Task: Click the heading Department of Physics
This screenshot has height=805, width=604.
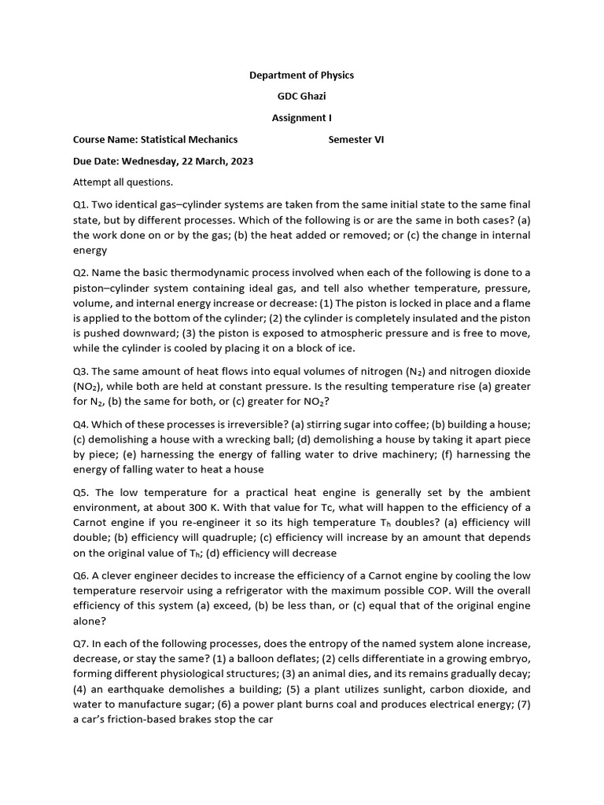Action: click(301, 75)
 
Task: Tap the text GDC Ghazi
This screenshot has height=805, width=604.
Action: click(301, 97)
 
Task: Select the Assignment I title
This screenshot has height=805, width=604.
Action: click(301, 119)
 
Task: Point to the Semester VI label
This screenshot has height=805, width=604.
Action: click(356, 140)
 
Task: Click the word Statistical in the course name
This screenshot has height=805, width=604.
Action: click(168, 140)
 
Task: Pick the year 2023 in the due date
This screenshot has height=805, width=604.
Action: click(240, 161)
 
